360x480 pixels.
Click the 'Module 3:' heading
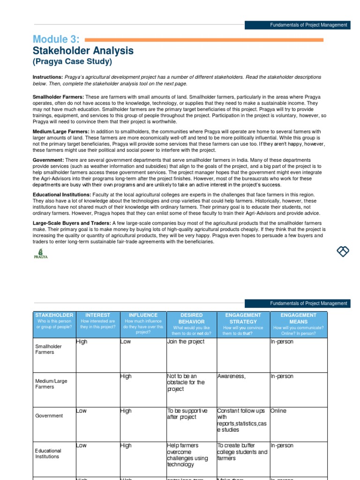(56, 39)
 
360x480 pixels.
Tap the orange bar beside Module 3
(203, 40)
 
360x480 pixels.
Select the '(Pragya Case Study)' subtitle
(72, 62)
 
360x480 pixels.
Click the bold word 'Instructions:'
(47, 77)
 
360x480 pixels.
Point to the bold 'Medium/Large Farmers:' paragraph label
(61, 132)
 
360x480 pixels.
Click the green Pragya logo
(41, 254)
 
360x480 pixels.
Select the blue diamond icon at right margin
(343, 251)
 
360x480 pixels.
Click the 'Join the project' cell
(186, 342)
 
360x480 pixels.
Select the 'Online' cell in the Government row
(278, 411)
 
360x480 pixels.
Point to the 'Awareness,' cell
(232, 376)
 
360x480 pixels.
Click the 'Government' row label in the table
(49, 416)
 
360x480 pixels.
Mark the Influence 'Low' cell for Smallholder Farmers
(126, 342)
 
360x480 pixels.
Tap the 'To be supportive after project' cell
(187, 414)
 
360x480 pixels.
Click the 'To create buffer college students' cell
(242, 452)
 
